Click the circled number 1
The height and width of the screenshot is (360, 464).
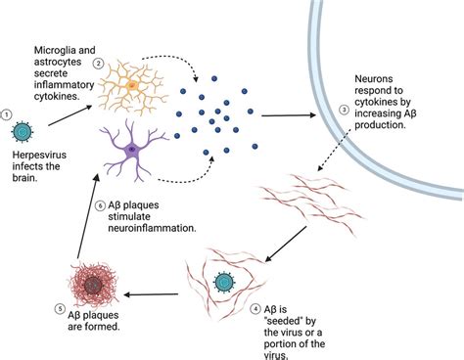9,113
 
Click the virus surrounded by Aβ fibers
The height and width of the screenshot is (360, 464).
226,282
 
